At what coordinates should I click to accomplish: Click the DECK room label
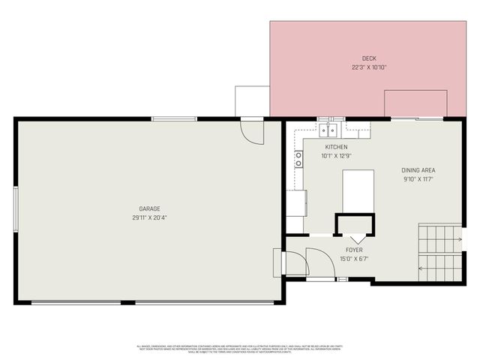coord(368,58)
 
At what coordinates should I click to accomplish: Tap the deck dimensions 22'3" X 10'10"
coord(368,67)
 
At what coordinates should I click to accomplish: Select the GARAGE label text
coord(149,208)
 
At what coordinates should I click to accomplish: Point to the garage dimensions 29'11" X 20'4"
coord(149,217)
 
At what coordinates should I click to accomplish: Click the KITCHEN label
coord(336,147)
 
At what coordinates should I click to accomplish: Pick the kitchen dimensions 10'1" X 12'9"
coord(336,156)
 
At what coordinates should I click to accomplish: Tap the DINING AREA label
coord(418,170)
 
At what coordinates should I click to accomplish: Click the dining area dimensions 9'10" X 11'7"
coord(418,179)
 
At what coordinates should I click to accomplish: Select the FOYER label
coord(354,250)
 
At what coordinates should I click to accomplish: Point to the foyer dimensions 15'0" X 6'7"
coord(354,259)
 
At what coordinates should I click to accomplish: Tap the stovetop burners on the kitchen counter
coord(298,158)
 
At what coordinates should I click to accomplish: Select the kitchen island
coord(358,190)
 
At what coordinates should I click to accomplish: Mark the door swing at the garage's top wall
coord(252,132)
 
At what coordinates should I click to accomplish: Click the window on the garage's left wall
coord(15,210)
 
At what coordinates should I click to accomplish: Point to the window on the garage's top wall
coord(174,118)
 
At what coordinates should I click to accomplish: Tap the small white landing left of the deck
coord(252,101)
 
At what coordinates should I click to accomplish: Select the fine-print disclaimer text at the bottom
coord(239,349)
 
